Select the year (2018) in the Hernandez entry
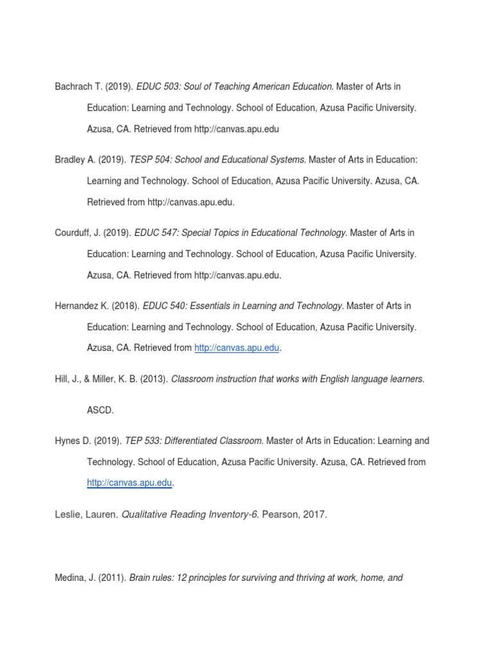125,306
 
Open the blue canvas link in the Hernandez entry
237,348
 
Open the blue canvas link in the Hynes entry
130,483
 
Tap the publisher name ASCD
99,409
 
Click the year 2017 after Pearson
316,514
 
